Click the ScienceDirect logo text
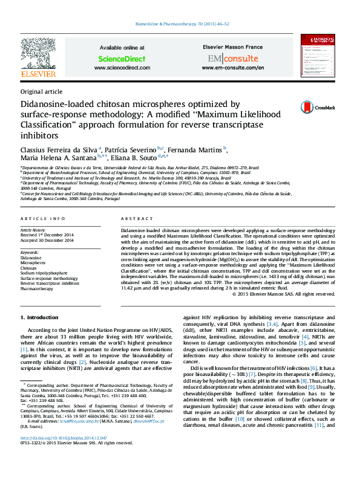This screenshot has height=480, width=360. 122,59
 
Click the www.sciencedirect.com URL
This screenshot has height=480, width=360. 122,68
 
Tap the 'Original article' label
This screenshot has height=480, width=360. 41,92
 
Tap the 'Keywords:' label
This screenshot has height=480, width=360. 30,252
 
